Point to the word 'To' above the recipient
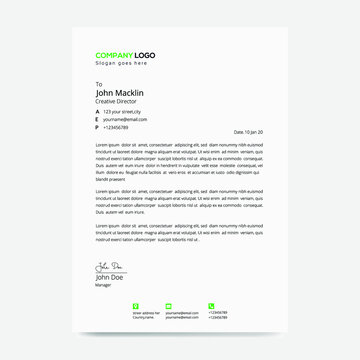point(99,84)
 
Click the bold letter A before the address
point(98,111)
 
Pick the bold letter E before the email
point(98,119)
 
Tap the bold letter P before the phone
point(98,127)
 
